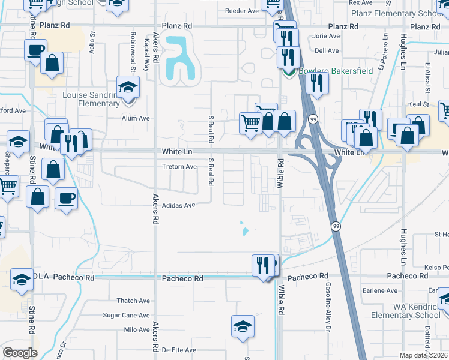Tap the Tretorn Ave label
coord(180,167)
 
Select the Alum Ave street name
coord(136,118)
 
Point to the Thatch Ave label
coord(133,301)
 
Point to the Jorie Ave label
coord(326,36)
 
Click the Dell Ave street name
coord(327,51)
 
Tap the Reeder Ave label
coord(242,11)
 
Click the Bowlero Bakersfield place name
coord(335,71)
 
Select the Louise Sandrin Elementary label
coord(91,99)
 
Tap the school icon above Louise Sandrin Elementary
coord(128,88)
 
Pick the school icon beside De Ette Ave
coord(243,327)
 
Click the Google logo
coord(20,353)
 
